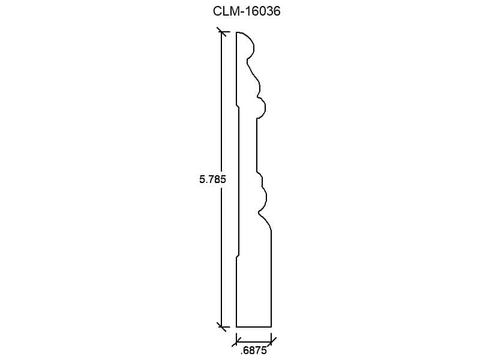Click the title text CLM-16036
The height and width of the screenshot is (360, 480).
[x=247, y=11]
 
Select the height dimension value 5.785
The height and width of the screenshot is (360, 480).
[x=212, y=179]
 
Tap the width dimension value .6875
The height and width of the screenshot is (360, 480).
[x=253, y=350]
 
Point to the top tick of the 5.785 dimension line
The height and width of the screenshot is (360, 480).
[x=221, y=32]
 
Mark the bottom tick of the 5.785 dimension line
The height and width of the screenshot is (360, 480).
[x=221, y=326]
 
